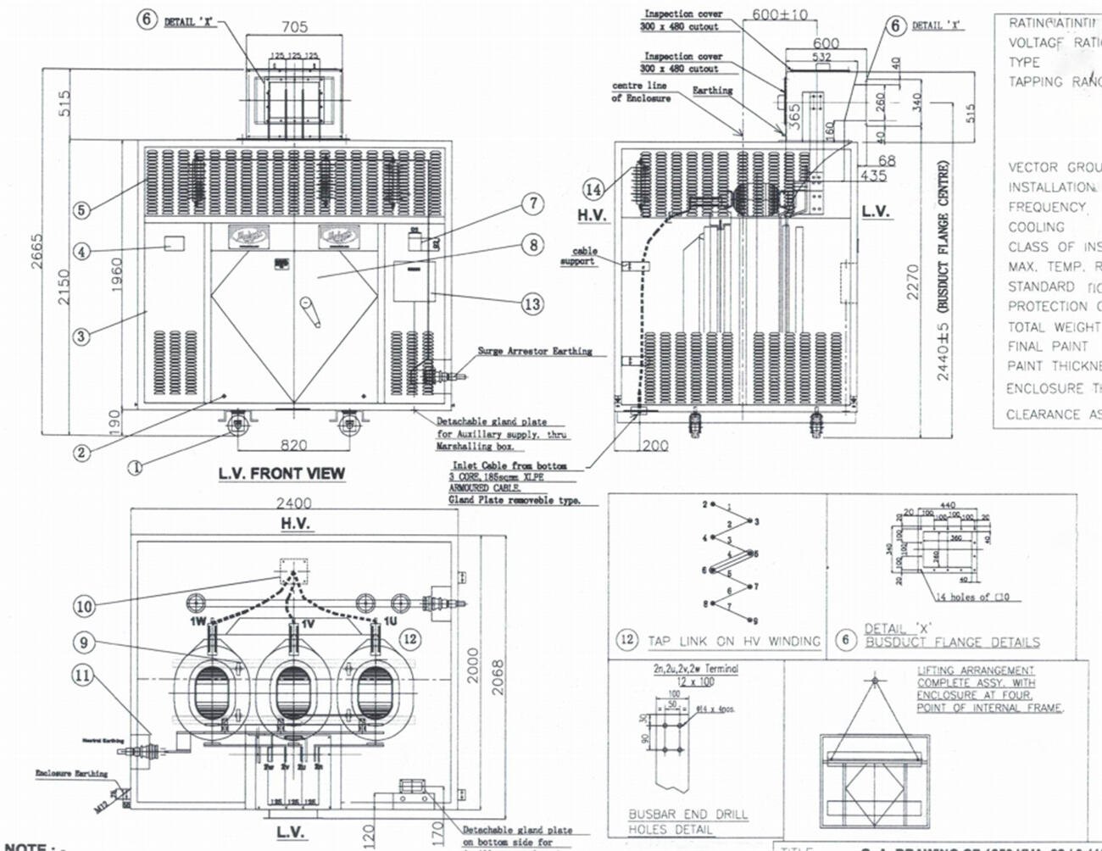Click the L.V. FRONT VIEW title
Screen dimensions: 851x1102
click(281, 473)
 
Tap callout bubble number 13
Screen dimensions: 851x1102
click(532, 304)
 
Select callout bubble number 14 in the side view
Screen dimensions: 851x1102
click(593, 189)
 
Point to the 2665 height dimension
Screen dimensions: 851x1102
click(37, 251)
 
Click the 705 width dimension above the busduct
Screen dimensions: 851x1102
click(294, 27)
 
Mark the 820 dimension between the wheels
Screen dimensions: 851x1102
click(293, 445)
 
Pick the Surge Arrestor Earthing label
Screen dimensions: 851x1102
click(534, 351)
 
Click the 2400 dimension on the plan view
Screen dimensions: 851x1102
click(293, 503)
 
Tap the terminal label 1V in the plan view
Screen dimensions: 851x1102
click(307, 623)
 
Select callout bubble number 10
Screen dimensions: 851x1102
click(84, 606)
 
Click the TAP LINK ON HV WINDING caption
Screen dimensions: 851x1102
click(734, 641)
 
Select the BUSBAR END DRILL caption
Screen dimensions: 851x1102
click(687, 814)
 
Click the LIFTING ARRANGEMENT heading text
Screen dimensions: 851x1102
click(976, 670)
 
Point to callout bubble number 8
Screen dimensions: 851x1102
click(532, 245)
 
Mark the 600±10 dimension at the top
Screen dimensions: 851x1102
click(780, 14)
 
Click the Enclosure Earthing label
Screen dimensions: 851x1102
click(71, 773)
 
